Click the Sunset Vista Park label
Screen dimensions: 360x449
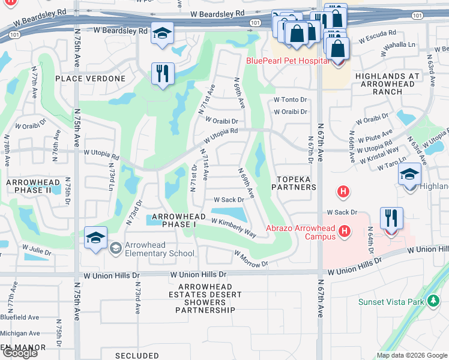[x=392, y=302]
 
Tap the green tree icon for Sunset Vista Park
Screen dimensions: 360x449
[x=433, y=301]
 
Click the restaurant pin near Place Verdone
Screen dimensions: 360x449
[x=163, y=74]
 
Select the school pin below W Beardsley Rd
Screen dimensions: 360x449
[x=162, y=34]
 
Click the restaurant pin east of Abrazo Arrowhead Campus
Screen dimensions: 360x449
[x=391, y=220]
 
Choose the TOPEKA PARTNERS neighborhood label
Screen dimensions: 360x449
[x=296, y=183]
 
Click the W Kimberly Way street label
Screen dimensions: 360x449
[x=234, y=227]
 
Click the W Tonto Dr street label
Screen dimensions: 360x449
[x=290, y=100]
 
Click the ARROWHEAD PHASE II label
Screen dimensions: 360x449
[x=33, y=186]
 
